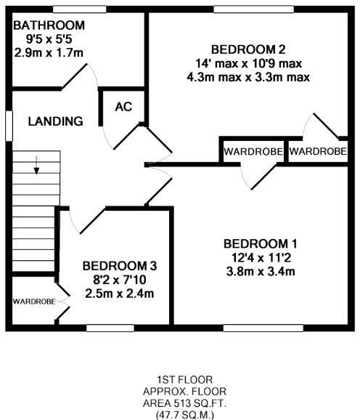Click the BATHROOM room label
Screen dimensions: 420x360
pos(49,26)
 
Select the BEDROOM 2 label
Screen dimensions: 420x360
pos(247,49)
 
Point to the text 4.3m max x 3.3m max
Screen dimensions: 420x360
pos(247,76)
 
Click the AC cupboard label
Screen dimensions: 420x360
pos(123,106)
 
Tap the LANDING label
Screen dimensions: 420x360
pos(55,121)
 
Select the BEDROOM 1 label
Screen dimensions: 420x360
pos(260,243)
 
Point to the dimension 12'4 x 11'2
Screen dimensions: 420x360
pos(260,257)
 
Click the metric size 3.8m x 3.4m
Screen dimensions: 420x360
pos(260,272)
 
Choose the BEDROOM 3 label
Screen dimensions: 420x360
pos(119,266)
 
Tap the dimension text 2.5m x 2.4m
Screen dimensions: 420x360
pos(119,294)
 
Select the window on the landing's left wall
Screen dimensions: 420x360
pos(8,124)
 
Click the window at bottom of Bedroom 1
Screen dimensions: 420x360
pos(263,328)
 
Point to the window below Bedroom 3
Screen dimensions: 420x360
pos(110,328)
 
